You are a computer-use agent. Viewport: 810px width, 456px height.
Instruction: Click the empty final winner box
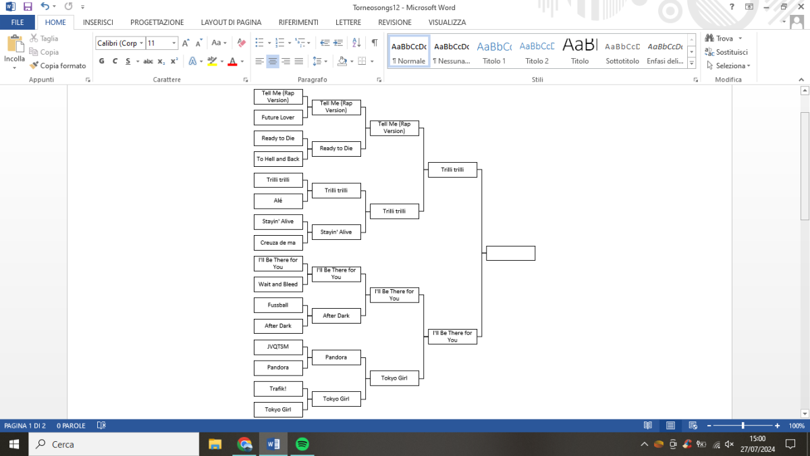[510, 253]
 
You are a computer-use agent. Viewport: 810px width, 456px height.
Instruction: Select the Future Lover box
[278, 118]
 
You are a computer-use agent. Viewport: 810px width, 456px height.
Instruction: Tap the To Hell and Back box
[278, 159]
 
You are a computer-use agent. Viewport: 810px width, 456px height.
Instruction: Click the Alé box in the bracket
[278, 201]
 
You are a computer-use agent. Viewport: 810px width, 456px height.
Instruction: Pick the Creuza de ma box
[278, 243]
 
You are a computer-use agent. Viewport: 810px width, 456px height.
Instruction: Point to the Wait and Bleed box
[278, 284]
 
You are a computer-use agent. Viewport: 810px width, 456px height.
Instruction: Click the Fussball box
[278, 305]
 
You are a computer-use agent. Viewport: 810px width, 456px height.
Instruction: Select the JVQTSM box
[278, 347]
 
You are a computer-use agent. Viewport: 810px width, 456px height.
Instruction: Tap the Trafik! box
[278, 388]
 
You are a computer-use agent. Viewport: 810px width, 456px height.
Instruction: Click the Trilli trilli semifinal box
[452, 170]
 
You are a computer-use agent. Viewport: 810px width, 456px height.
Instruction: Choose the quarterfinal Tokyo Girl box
[394, 378]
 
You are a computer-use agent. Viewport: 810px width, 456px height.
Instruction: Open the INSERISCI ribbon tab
[98, 22]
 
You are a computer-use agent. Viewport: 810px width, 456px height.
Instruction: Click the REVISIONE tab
[395, 22]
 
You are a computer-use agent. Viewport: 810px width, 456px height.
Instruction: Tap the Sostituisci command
[726, 52]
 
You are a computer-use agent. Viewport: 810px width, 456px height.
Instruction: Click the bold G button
[102, 61]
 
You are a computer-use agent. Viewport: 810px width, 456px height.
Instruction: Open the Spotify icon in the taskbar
[302, 444]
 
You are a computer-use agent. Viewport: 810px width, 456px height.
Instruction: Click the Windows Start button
[14, 444]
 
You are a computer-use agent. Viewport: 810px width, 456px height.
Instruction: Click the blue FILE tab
[18, 22]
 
